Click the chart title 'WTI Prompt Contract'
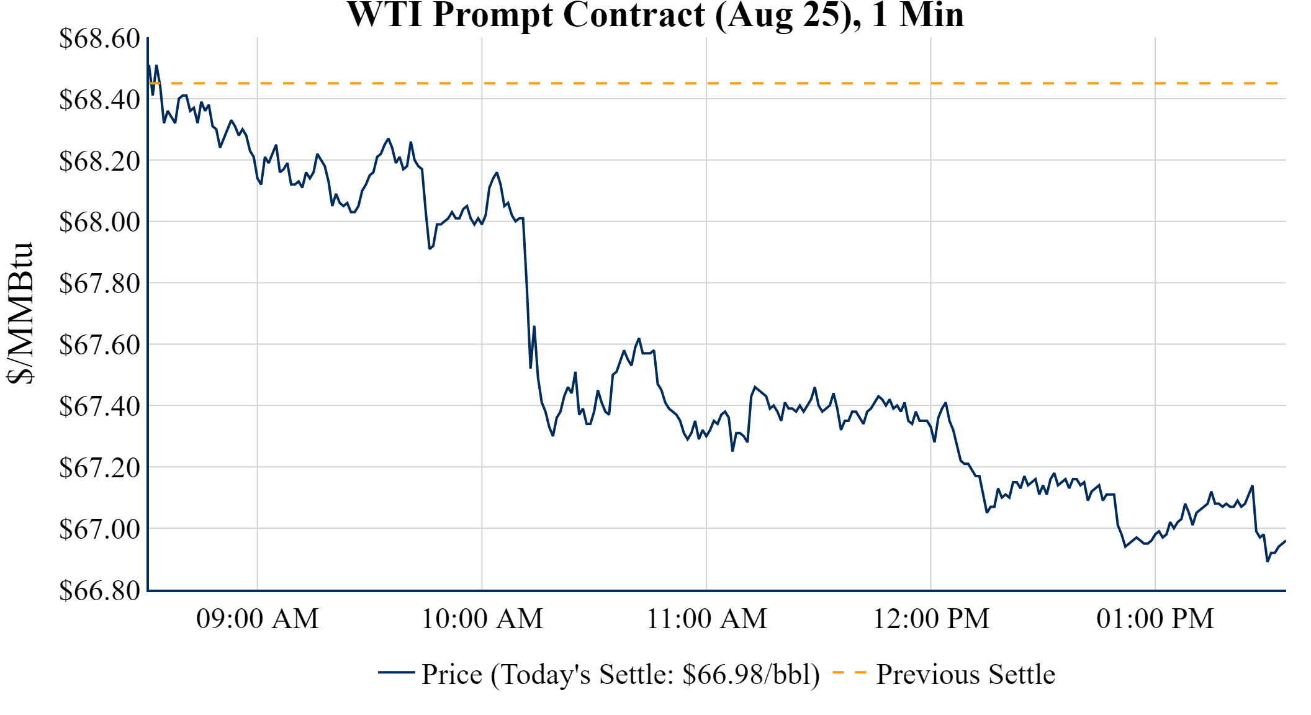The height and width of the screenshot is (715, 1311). (x=655, y=15)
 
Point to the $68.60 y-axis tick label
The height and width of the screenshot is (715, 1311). (x=99, y=38)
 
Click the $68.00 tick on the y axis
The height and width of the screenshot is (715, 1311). (x=99, y=222)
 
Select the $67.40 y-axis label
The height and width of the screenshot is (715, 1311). (x=99, y=407)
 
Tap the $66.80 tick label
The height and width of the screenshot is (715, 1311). (x=99, y=590)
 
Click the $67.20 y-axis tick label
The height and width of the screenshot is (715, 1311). (x=99, y=467)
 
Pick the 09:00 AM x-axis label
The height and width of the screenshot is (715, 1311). (x=257, y=619)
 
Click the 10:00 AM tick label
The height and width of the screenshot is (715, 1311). (x=482, y=619)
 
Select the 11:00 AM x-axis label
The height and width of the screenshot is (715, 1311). (x=706, y=619)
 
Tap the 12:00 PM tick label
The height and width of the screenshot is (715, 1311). (x=930, y=619)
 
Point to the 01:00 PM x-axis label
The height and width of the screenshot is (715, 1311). (x=1155, y=619)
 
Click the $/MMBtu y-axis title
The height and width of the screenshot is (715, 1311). (x=20, y=313)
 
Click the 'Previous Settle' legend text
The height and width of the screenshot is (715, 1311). (x=965, y=675)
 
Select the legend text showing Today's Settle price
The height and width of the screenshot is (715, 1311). (x=620, y=675)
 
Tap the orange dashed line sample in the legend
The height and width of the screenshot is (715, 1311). (x=849, y=673)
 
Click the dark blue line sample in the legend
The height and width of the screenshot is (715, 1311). (x=396, y=673)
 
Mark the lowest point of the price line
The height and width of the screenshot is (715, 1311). (x=1268, y=561)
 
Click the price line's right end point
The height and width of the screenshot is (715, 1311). (x=1285, y=541)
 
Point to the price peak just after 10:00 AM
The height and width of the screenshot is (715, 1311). (x=497, y=173)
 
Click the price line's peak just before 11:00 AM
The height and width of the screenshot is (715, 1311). (x=639, y=339)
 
